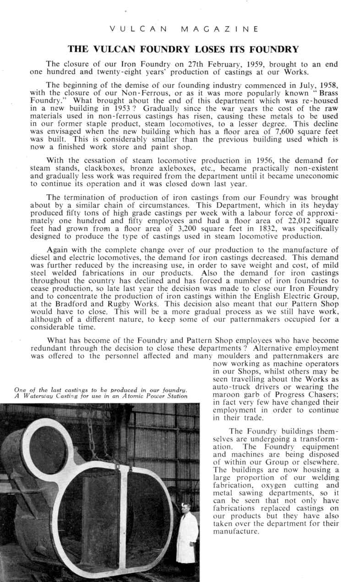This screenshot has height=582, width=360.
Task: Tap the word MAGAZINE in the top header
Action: click(219, 29)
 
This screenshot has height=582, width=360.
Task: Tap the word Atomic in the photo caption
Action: click(121, 396)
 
